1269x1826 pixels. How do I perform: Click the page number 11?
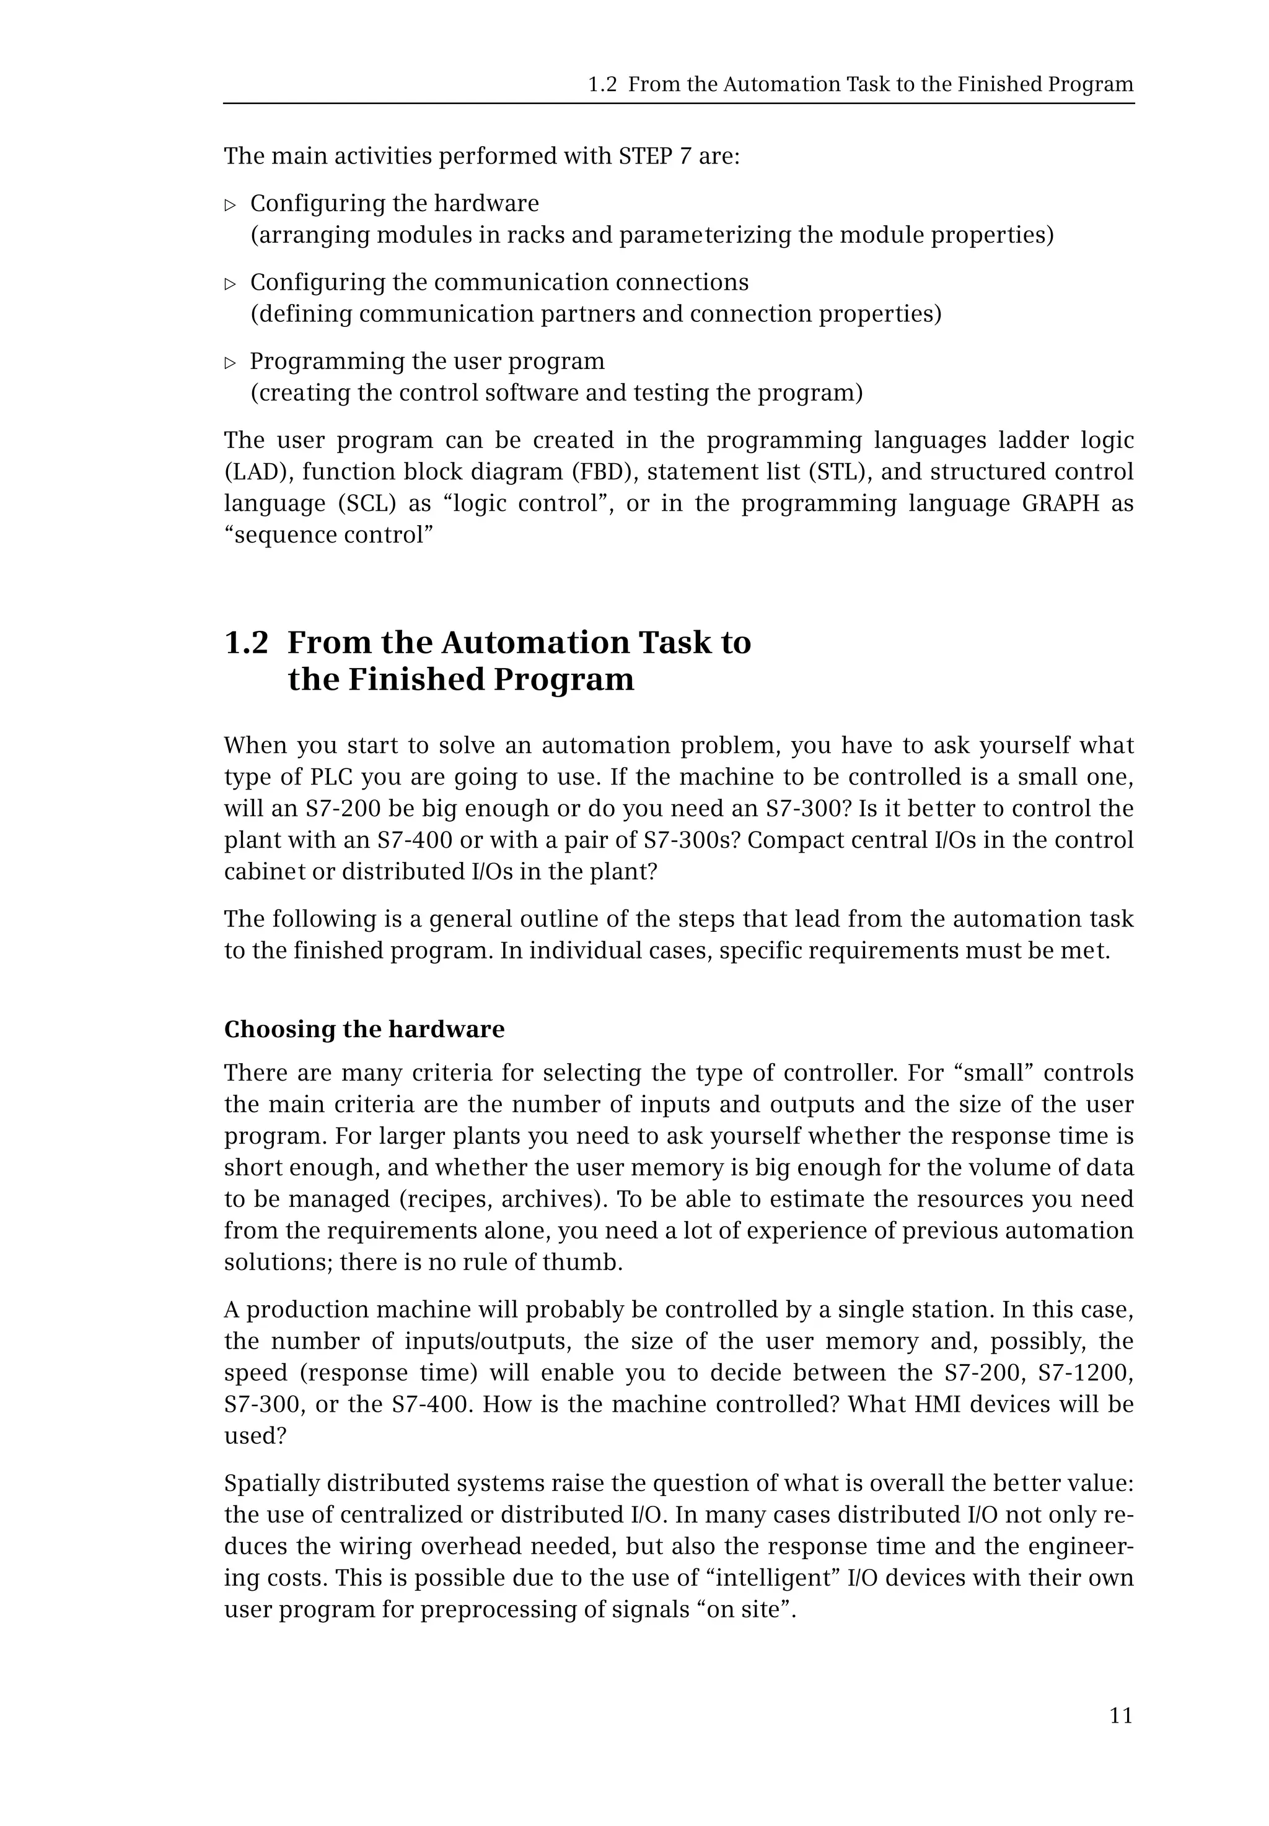(x=1120, y=1716)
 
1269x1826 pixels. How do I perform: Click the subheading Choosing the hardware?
(x=364, y=1029)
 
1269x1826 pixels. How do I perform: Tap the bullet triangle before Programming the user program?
(x=231, y=363)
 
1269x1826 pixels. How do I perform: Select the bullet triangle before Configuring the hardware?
(x=231, y=206)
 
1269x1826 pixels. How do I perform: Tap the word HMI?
(x=937, y=1404)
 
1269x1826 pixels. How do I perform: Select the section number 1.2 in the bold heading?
(x=247, y=643)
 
